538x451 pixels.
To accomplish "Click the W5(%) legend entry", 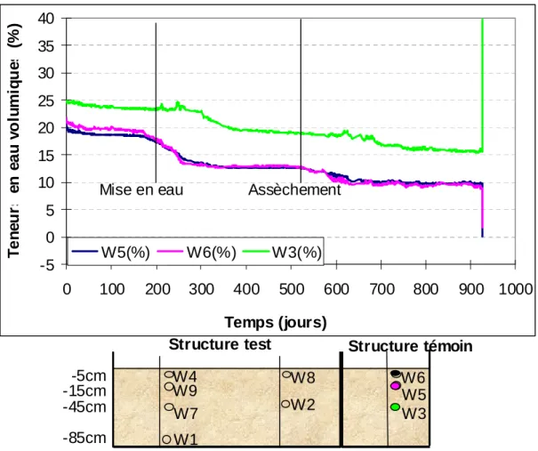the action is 111,253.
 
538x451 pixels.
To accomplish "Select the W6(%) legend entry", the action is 197,253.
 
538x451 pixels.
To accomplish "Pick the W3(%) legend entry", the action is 283,253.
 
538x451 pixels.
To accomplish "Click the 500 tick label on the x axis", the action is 292,289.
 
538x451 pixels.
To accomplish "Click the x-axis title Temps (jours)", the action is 276,322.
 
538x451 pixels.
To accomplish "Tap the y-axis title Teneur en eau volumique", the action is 14,141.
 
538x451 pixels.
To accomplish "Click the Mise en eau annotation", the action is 141,189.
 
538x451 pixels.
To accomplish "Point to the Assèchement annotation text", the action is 294,189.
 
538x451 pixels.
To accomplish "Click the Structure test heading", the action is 220,344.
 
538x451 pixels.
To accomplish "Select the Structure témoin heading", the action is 410,346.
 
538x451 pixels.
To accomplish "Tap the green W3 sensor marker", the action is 395,407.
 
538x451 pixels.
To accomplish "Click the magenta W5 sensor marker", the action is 396,386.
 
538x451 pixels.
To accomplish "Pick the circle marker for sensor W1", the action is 166,439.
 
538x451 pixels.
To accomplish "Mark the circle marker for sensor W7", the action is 169,407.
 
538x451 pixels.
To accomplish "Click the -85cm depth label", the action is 84,439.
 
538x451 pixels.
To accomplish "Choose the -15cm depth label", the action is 84,391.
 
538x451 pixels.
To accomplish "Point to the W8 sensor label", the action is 303,377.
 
